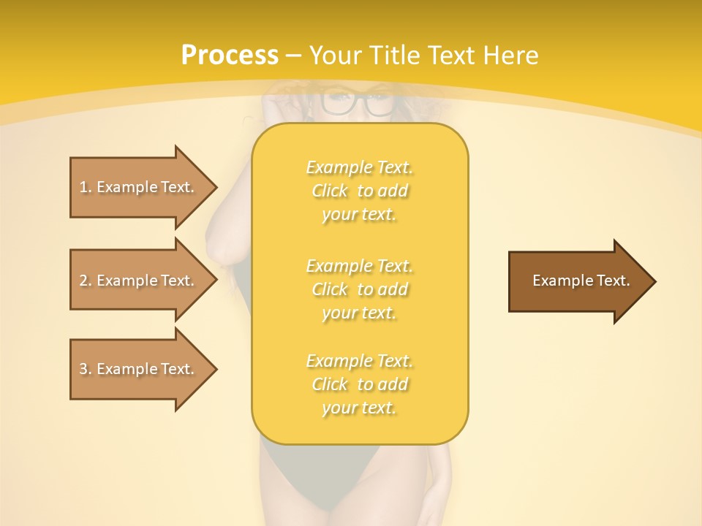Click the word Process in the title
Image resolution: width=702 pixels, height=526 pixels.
[x=230, y=56]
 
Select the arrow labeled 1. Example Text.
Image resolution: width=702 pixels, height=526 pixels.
[x=139, y=187]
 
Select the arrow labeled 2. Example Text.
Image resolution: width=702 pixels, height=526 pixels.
[x=139, y=281]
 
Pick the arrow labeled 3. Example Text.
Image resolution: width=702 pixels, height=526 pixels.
[x=139, y=369]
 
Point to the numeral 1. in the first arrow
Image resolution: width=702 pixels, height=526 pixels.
[x=85, y=187]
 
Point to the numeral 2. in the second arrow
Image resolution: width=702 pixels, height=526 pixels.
[x=85, y=281]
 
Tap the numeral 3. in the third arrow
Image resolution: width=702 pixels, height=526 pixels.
[x=85, y=369]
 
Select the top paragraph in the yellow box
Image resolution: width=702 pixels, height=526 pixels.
[x=360, y=191]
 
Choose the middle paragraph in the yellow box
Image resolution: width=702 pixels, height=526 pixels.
[x=360, y=289]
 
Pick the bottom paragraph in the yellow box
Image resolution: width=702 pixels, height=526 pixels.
[x=360, y=384]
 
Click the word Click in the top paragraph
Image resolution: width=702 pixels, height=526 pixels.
[x=330, y=191]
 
